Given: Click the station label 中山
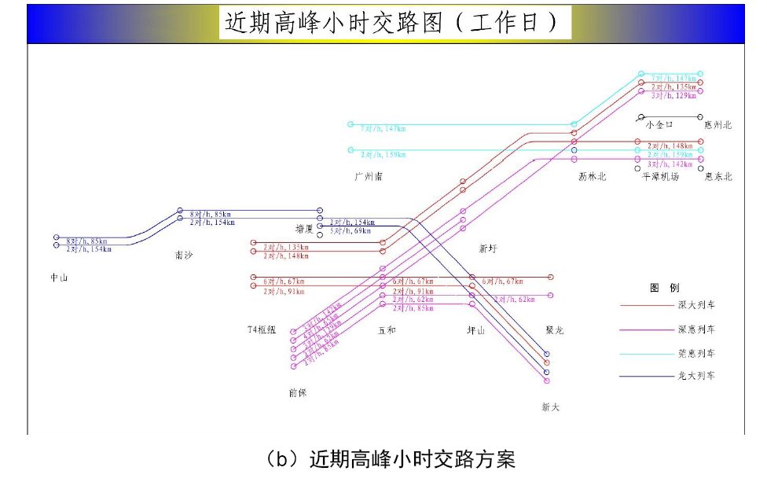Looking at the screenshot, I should [x=59, y=278].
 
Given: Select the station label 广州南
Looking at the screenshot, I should [x=369, y=177].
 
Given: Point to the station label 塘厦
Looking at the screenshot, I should [x=304, y=230].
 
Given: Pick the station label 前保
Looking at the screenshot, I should [x=298, y=391].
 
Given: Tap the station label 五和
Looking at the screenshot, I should [x=387, y=330].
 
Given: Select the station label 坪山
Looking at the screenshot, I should [x=476, y=330].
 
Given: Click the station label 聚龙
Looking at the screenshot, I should [x=555, y=330].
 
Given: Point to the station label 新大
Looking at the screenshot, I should [x=551, y=407].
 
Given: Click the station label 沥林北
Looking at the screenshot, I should [x=593, y=177].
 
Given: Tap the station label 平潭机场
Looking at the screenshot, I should [x=660, y=177].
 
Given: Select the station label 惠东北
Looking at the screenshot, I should [x=718, y=177].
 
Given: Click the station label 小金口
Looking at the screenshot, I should [x=659, y=124].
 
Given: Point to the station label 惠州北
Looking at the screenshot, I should [x=717, y=124].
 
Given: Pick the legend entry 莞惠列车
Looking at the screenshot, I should [x=696, y=354].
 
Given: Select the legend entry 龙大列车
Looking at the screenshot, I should [x=696, y=376].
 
